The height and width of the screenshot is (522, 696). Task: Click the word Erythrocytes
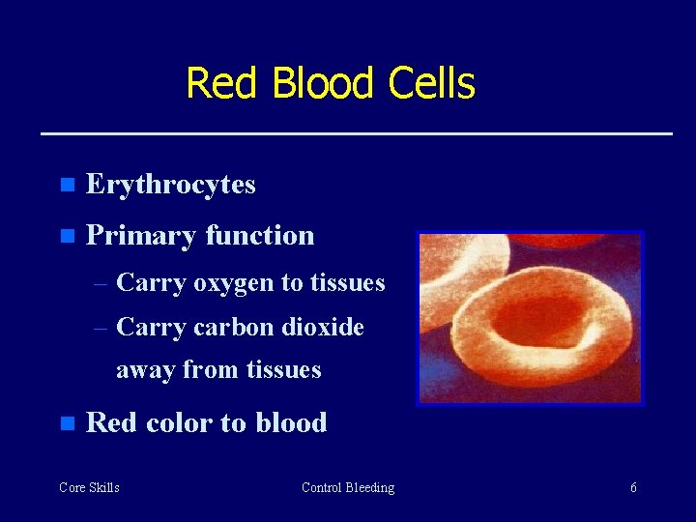click(x=170, y=185)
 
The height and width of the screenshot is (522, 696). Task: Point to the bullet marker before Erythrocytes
click(x=66, y=185)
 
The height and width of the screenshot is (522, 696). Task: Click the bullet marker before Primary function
click(x=66, y=236)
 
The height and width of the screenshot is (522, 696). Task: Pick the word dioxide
click(x=325, y=328)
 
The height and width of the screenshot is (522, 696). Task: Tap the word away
click(x=146, y=370)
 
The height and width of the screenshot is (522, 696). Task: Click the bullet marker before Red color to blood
click(x=66, y=423)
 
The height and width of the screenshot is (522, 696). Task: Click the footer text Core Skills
click(x=89, y=488)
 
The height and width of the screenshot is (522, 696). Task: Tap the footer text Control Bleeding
click(x=348, y=488)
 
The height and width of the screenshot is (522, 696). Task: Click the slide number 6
click(x=633, y=488)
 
